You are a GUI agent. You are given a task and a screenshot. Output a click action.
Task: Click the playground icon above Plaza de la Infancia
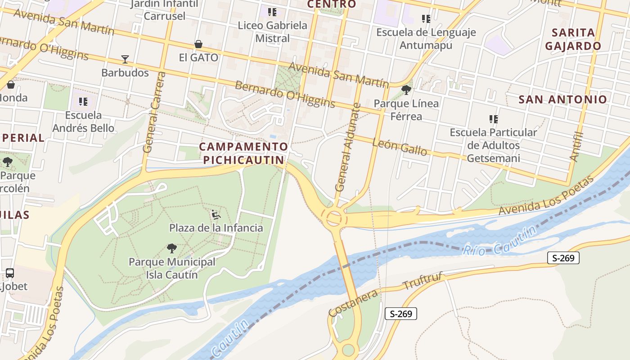[x=216, y=215]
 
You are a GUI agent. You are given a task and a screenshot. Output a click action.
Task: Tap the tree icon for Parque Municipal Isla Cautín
[x=171, y=248]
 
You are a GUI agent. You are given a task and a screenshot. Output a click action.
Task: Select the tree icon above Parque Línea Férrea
[x=406, y=90]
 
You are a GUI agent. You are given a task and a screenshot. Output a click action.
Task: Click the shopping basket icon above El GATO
[x=198, y=44]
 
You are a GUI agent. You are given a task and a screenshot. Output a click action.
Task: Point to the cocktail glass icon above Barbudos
[x=125, y=59]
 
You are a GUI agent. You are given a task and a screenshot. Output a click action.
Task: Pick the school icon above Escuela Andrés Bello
[x=83, y=102]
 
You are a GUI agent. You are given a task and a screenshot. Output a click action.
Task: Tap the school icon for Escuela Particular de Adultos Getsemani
[x=494, y=119]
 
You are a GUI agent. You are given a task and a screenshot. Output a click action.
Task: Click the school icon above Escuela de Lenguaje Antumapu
[x=426, y=19]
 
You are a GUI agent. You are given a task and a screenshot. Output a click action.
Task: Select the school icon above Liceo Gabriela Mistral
[x=272, y=12]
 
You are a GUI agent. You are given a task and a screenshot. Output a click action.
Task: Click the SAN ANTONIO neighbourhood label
[x=562, y=99]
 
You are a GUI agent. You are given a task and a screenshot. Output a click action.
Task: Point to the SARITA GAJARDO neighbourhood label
[x=573, y=39]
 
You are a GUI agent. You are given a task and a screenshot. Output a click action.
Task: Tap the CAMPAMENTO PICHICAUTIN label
[x=243, y=153]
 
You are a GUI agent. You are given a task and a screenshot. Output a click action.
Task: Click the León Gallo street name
[x=400, y=147]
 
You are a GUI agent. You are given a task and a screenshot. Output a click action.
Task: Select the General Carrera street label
[x=154, y=112]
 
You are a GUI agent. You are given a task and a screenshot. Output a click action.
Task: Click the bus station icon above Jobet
[x=10, y=273]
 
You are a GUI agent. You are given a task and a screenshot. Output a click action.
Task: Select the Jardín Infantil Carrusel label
[x=164, y=10]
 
